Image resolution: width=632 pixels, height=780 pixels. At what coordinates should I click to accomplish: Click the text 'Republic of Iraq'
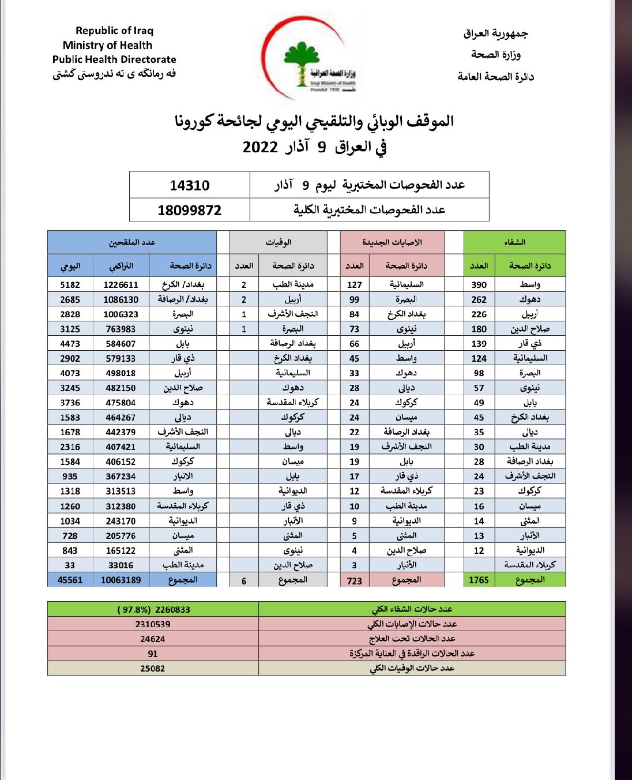(x=114, y=31)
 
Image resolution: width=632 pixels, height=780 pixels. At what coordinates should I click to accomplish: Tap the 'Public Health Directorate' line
(x=114, y=59)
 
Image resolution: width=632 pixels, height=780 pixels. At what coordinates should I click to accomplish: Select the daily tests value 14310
(x=189, y=186)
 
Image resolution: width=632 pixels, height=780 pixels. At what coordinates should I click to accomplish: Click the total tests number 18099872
(x=189, y=211)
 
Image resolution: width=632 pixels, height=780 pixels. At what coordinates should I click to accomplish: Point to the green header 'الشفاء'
(x=514, y=242)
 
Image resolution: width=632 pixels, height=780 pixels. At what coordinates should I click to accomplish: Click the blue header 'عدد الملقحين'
(x=132, y=242)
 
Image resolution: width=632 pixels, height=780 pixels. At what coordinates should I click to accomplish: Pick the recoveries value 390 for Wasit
(x=479, y=285)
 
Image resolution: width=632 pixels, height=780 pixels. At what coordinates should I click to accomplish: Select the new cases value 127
(x=354, y=285)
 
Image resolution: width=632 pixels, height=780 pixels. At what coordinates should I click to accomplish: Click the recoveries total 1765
(x=479, y=580)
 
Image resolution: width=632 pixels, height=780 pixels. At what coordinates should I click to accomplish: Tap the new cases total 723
(x=354, y=580)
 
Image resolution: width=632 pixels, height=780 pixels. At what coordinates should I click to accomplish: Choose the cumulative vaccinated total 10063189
(x=121, y=580)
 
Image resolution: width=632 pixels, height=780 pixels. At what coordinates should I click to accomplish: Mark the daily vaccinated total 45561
(x=70, y=580)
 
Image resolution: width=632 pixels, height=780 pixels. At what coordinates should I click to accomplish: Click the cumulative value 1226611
(x=121, y=285)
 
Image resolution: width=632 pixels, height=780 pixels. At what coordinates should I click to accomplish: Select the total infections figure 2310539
(x=153, y=624)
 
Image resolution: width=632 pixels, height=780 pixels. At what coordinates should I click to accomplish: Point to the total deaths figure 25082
(x=153, y=669)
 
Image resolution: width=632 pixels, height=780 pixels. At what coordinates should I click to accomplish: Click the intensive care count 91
(x=153, y=654)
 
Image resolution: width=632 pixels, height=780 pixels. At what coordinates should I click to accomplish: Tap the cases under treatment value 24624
(x=153, y=639)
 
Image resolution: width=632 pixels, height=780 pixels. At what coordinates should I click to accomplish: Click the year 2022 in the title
(x=260, y=147)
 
